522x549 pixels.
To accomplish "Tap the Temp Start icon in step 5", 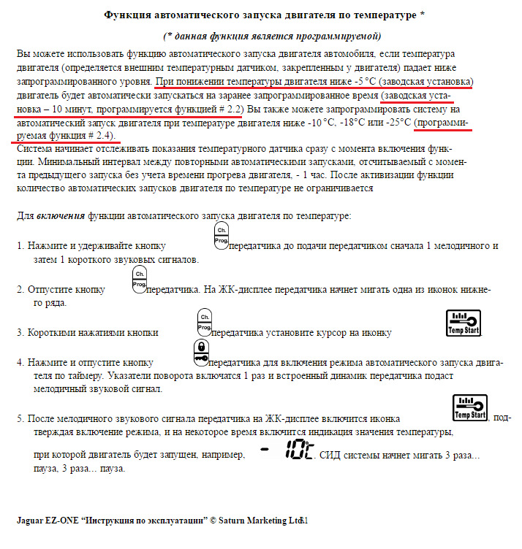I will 470,409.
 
